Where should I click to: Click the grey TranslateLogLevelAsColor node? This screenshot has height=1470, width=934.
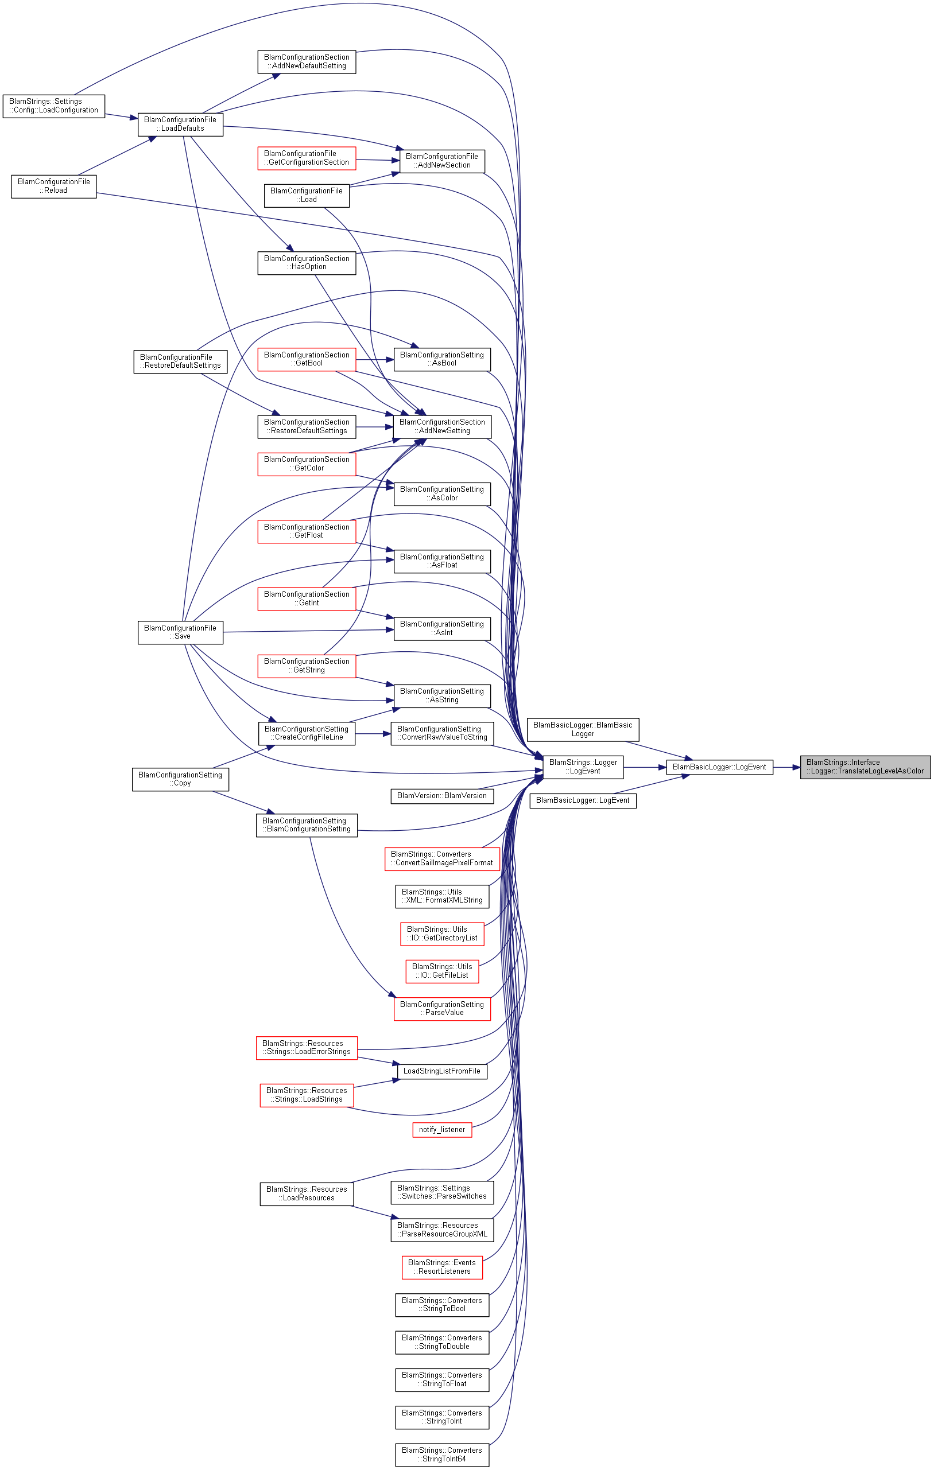click(865, 767)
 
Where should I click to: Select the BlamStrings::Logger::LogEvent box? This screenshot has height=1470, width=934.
click(583, 767)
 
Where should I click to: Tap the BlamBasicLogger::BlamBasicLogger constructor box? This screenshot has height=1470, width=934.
click(583, 729)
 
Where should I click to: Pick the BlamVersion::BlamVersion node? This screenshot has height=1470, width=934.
click(441, 796)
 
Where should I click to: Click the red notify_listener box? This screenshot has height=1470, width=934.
click(441, 1130)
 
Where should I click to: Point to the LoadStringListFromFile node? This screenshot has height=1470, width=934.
click(441, 1071)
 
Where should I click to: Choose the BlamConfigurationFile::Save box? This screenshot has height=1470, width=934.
click(180, 632)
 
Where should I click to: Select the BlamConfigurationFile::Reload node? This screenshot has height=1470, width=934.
click(54, 186)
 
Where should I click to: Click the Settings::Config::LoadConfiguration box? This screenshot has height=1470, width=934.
click(54, 106)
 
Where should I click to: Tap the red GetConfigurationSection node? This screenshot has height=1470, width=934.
click(307, 158)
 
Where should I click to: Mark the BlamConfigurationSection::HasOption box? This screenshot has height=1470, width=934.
click(307, 263)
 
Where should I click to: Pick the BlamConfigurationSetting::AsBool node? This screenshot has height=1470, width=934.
click(441, 359)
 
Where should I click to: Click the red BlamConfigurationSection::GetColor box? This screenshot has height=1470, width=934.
click(307, 464)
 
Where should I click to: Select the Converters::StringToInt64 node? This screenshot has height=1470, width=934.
click(441, 1455)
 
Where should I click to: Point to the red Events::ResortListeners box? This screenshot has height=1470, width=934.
click(441, 1267)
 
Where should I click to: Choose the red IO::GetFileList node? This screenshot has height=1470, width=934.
click(441, 971)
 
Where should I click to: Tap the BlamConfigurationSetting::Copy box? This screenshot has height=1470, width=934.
click(180, 780)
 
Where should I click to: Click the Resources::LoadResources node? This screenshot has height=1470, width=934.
click(307, 1193)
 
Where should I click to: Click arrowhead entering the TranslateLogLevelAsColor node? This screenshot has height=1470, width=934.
click(796, 767)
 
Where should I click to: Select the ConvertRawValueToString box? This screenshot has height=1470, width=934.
click(441, 733)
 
